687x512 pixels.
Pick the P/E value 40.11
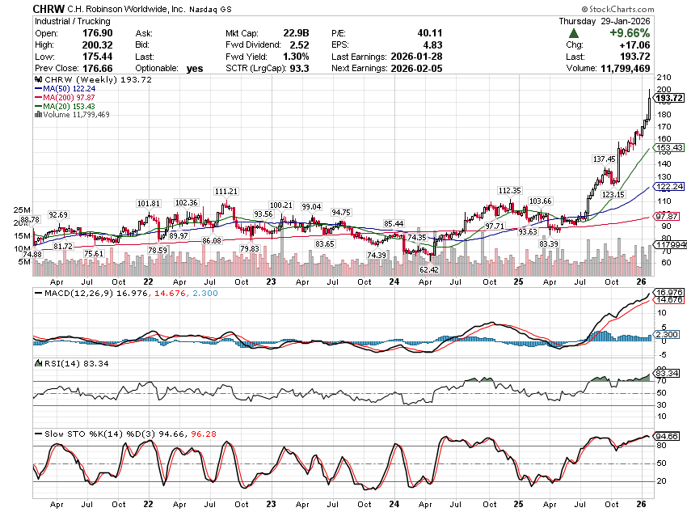[394, 33]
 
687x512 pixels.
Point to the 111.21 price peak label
[226, 191]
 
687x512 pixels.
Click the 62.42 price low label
[428, 269]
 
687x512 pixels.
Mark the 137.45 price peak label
[604, 159]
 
